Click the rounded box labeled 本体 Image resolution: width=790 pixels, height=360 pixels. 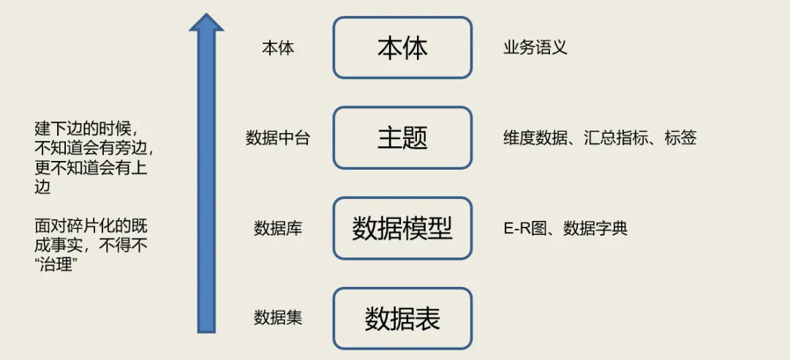402,48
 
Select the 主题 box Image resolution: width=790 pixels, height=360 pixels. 402,138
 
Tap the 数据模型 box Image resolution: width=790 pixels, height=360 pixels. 402,228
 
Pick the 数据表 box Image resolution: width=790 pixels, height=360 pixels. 402,318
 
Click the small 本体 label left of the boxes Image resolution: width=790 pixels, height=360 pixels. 278,48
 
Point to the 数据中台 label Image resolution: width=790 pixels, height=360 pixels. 278,138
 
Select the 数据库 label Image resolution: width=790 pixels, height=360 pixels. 278,228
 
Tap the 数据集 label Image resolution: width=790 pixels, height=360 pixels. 278,318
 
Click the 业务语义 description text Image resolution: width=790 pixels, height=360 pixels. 535,48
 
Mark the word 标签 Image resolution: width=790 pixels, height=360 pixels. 680,138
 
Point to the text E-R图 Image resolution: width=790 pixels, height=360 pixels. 524,228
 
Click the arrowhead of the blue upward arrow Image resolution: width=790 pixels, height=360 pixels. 206,23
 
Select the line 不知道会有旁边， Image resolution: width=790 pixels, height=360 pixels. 95,148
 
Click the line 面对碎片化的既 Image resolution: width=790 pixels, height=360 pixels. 91,226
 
